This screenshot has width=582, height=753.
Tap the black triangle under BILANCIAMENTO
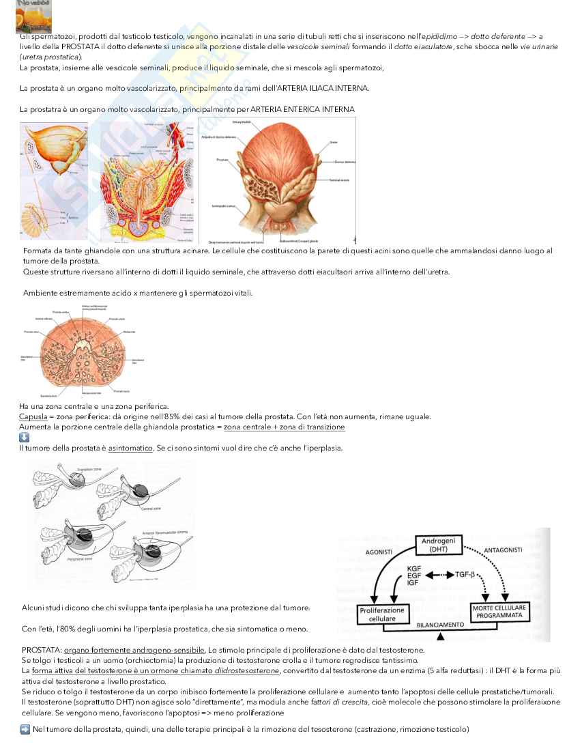coord(440,638)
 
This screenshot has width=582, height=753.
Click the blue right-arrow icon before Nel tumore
coord(24,730)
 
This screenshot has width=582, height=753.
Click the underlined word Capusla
coord(31,416)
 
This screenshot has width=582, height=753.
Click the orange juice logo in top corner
coord(33,16)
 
